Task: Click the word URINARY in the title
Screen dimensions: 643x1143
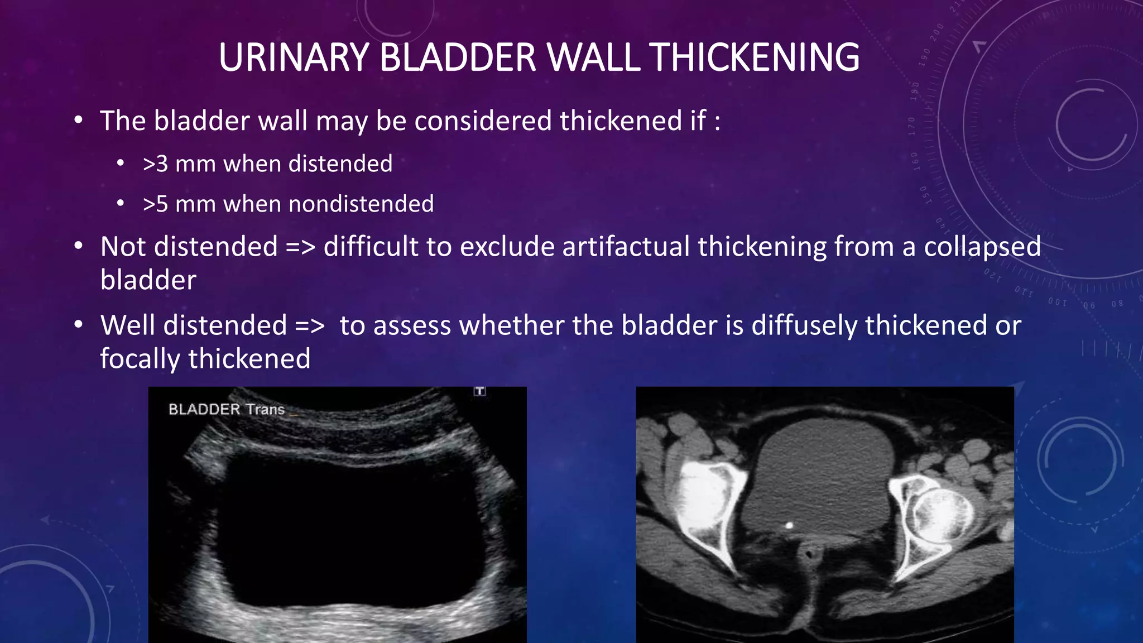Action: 294,57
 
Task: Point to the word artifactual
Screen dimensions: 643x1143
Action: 626,247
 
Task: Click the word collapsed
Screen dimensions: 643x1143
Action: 982,247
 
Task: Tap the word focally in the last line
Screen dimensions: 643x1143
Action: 140,359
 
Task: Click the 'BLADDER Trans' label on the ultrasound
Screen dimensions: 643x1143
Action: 227,410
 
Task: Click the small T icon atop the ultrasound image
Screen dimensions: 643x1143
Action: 480,391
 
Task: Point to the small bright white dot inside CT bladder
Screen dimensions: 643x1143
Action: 789,525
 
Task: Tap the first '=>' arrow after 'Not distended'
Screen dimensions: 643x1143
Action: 300,247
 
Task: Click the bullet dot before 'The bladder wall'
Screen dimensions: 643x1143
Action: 79,121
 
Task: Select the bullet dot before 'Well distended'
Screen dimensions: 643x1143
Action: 79,325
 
